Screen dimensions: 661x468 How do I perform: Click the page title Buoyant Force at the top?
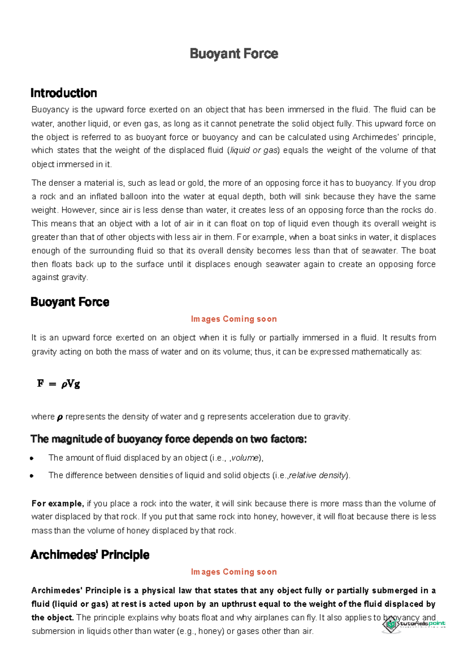point(234,54)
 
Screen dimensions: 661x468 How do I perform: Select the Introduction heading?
point(64,93)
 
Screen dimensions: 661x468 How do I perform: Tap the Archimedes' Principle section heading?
point(90,555)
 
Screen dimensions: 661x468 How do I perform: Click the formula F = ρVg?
point(58,384)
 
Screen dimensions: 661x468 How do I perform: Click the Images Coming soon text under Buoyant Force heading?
point(234,319)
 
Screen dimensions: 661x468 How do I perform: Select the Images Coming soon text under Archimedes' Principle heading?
point(234,572)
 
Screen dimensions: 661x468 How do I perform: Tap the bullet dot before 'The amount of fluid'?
point(32,458)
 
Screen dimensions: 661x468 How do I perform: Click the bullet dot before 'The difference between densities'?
point(32,476)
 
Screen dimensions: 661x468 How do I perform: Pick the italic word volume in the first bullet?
point(245,458)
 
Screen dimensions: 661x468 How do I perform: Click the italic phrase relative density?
point(317,476)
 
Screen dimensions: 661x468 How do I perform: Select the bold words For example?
point(57,504)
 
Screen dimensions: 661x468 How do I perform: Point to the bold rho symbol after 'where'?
point(60,418)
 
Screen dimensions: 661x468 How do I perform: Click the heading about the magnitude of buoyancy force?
point(168,439)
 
